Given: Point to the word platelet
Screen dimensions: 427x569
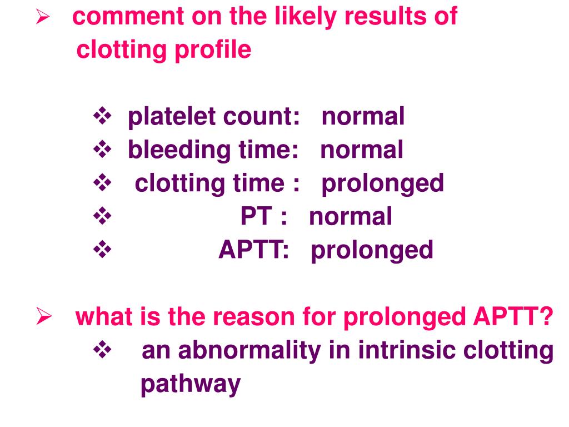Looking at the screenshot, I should (170, 117).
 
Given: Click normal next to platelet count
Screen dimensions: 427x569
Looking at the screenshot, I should (363, 117).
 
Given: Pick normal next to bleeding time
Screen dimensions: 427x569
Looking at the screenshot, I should (362, 151).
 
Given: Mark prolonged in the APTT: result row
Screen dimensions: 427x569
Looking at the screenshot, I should (372, 250).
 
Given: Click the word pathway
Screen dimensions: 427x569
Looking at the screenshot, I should (191, 384).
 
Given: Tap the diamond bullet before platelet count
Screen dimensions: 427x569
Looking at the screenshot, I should (102, 117).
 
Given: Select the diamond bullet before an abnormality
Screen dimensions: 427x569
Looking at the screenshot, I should (102, 351).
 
